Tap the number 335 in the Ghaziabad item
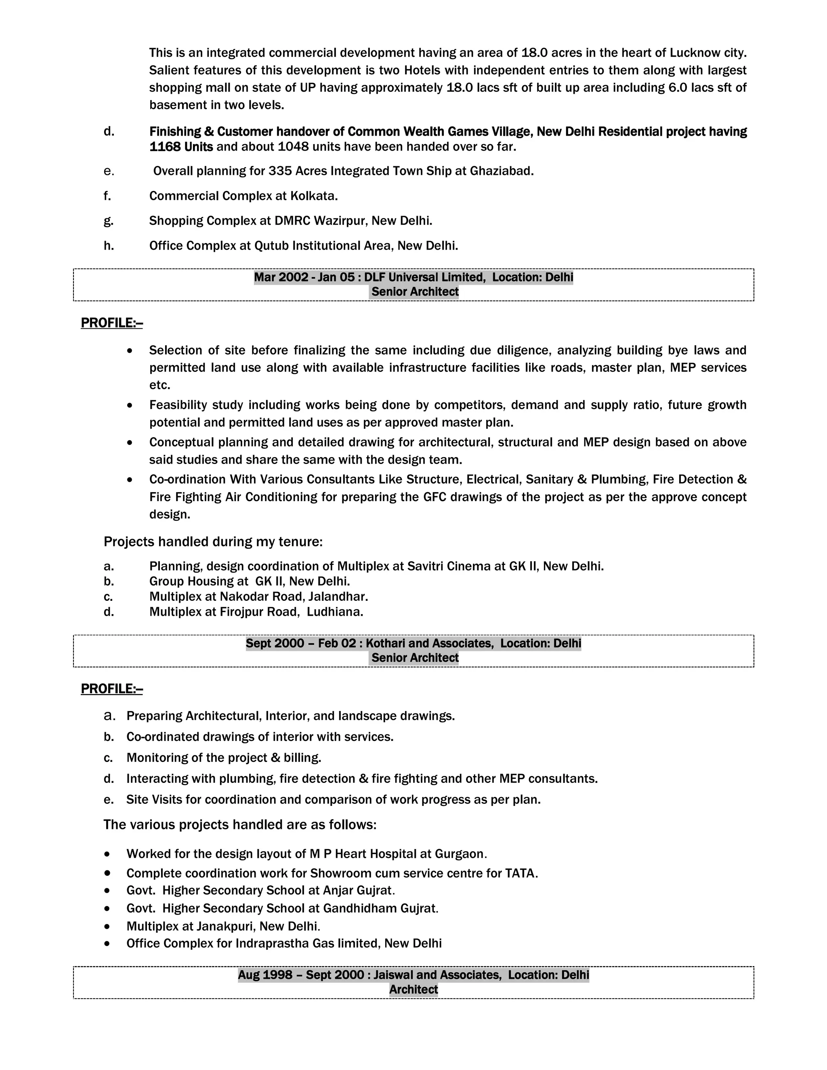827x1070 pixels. point(280,171)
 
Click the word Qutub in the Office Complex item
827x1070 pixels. point(271,245)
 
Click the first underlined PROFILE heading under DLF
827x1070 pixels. point(112,323)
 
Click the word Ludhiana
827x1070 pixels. point(335,612)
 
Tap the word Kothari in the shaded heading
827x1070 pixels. point(385,643)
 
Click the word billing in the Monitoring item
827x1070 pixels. point(301,758)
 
